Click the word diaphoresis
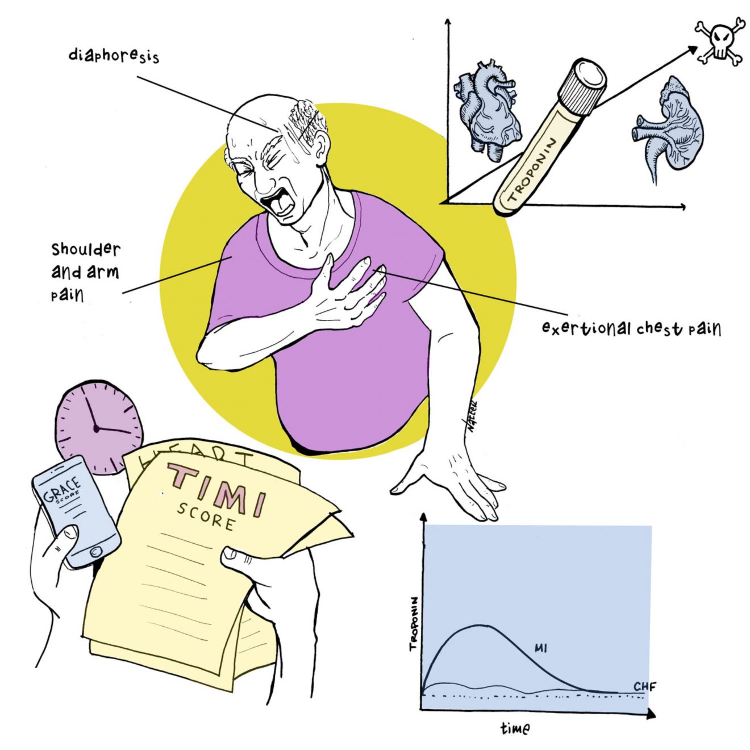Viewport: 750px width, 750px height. pos(114,55)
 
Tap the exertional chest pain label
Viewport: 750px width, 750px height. pos(631,328)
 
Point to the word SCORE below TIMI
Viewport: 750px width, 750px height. pos(206,516)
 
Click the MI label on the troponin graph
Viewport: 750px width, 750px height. pos(541,648)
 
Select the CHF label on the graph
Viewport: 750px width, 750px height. pos(644,686)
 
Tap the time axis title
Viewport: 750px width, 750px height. pos(515,728)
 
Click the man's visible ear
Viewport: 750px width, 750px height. pos(320,147)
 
